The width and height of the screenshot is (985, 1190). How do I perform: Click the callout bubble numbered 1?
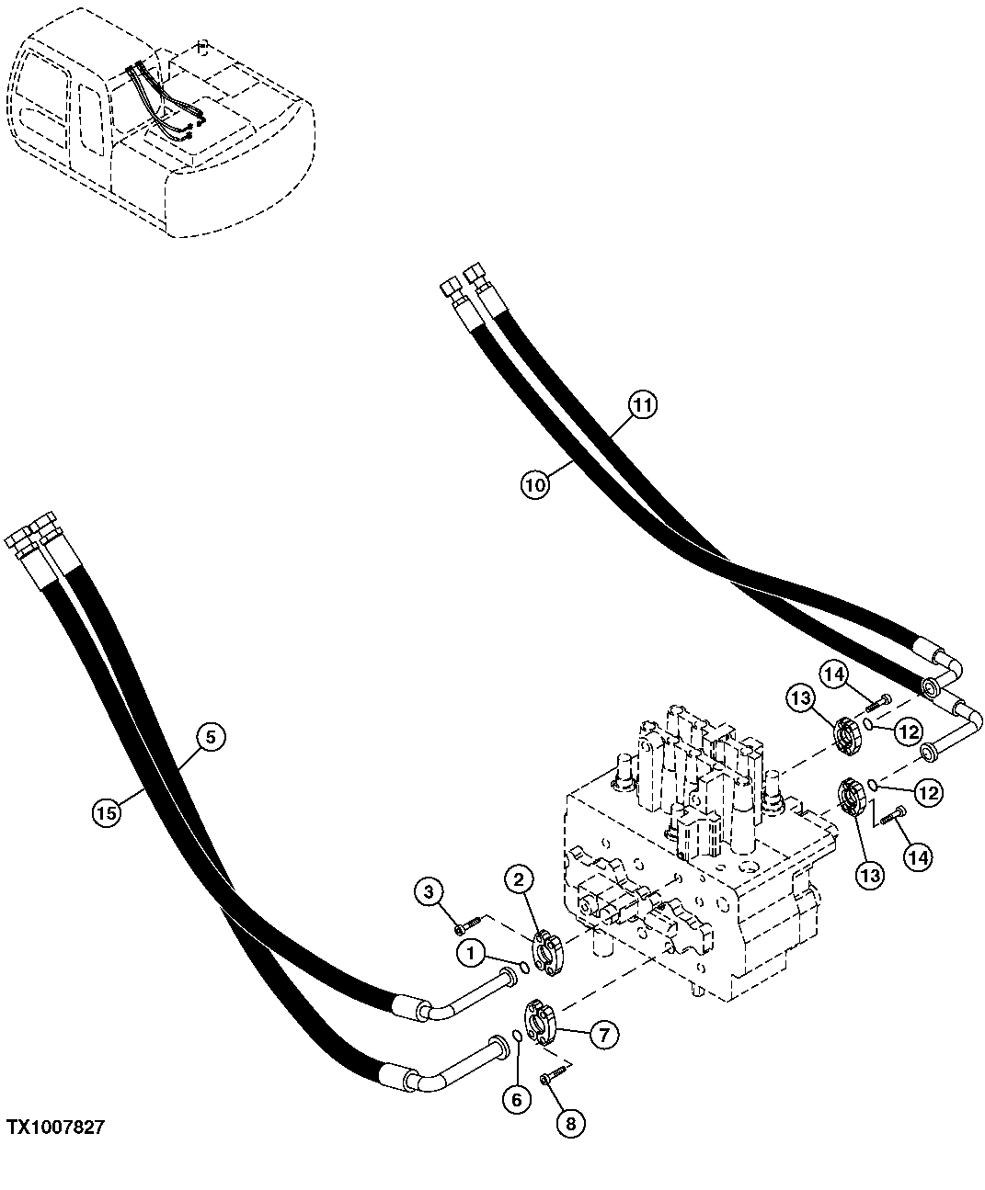pyautogui.click(x=471, y=955)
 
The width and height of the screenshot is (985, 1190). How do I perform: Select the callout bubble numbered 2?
pyautogui.click(x=519, y=879)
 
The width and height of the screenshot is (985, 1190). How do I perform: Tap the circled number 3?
pyautogui.click(x=429, y=890)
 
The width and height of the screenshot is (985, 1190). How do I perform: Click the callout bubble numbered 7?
pyautogui.click(x=602, y=1036)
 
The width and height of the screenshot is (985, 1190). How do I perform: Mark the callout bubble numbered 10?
pyautogui.click(x=535, y=484)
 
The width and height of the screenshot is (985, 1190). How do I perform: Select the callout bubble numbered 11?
pyautogui.click(x=643, y=405)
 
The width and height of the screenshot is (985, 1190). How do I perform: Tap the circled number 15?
pyautogui.click(x=107, y=811)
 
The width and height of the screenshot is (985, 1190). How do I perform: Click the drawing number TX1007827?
pyautogui.click(x=56, y=1127)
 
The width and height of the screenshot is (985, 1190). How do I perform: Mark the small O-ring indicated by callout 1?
pyautogui.click(x=522, y=966)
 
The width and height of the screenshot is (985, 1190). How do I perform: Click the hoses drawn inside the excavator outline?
pyautogui.click(x=161, y=101)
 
